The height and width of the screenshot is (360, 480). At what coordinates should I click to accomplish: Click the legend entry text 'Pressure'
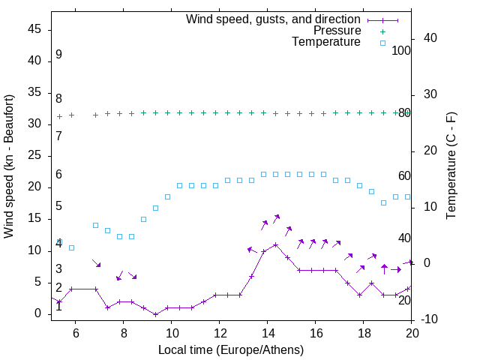337,31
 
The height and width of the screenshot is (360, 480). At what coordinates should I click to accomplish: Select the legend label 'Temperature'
326,43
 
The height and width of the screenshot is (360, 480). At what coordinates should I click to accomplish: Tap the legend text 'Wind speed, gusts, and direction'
274,19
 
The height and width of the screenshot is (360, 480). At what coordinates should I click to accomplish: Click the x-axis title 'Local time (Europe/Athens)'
231,350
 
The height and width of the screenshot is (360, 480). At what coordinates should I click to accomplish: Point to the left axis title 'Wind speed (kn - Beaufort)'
9,166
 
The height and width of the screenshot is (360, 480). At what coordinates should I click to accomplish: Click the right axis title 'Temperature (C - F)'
451,166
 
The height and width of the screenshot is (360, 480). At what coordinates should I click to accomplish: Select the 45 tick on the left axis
34,28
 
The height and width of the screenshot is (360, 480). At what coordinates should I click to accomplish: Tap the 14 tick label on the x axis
267,333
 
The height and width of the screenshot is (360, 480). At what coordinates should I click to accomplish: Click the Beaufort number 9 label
58,55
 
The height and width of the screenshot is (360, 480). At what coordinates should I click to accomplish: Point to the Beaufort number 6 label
58,175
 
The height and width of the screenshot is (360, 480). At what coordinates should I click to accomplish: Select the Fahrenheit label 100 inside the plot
401,51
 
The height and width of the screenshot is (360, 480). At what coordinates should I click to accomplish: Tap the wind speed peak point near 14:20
276,244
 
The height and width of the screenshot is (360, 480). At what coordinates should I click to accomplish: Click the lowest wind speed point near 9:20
155,314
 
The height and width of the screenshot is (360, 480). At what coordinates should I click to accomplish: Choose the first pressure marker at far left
59,116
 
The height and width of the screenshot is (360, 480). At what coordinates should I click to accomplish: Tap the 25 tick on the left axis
34,155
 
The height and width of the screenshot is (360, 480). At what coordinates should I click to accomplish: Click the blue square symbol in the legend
382,43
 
